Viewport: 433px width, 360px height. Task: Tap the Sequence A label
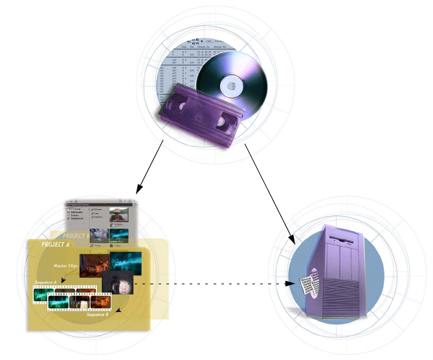[47, 283]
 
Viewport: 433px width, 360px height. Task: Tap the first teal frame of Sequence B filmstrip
[60, 302]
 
